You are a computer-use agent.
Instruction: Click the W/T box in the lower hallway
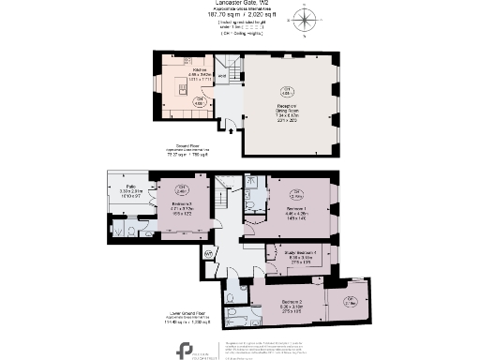pyautogui.click(x=207, y=253)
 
